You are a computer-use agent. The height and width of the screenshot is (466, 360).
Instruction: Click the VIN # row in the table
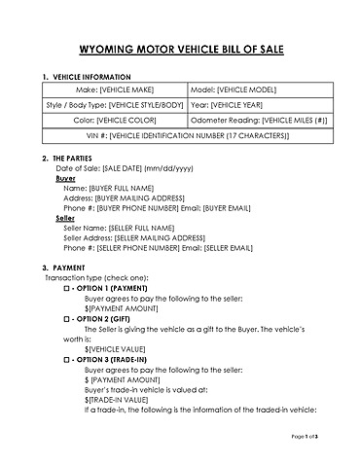coord(179,135)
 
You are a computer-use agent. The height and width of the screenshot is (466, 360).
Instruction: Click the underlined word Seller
coord(65,218)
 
